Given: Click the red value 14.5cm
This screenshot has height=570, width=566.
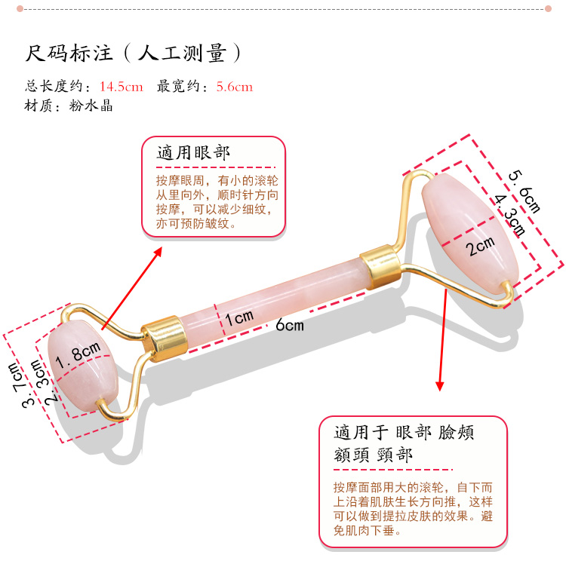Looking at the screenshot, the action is (121, 86).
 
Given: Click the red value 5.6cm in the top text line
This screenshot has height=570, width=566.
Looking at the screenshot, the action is (234, 86).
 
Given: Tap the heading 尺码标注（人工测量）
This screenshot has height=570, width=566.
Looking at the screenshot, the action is (133, 54).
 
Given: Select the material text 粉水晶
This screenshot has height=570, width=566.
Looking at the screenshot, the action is (96, 106).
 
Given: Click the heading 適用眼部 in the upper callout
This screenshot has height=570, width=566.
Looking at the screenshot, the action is (193, 153).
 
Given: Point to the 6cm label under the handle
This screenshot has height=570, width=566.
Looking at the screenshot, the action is (289, 324).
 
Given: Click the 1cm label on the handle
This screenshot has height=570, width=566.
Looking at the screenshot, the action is (239, 318).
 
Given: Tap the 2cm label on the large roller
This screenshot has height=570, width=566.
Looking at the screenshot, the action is (478, 245).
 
